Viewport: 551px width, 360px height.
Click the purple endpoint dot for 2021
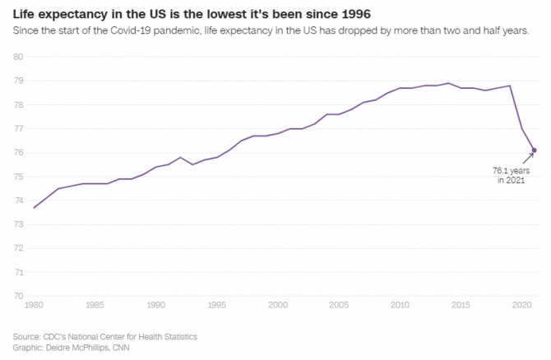(535, 150)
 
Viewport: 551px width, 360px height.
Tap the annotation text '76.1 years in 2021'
(511, 174)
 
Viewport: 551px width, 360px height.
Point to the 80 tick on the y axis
(18, 57)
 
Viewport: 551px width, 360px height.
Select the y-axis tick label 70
(18, 296)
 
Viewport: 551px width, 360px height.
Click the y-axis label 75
(18, 177)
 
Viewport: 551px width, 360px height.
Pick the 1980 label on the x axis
(34, 305)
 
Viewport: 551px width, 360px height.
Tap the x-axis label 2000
(278, 305)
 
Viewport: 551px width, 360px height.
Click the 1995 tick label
(217, 305)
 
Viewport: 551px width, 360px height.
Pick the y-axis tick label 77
(18, 129)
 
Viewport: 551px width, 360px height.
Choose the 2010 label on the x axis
(401, 305)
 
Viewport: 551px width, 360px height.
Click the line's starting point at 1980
(34, 207)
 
